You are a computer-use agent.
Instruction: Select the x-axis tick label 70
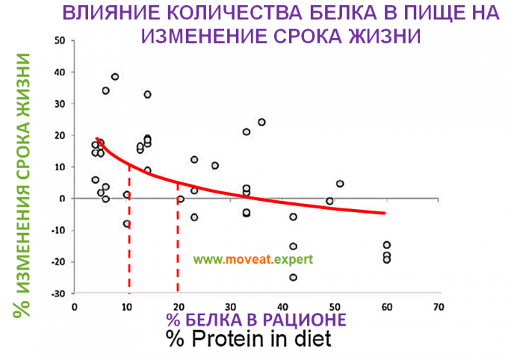coord(439,306)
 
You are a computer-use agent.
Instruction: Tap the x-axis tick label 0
coord(74,306)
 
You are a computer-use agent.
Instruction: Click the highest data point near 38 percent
coord(115,76)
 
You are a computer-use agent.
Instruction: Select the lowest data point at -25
coord(293,277)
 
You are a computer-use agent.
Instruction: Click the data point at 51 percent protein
coord(340,184)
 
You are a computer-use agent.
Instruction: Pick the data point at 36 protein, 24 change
coord(261,122)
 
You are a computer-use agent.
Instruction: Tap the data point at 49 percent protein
coord(329,201)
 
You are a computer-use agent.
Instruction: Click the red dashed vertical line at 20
coord(178,246)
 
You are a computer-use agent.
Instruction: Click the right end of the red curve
coord(385,213)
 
